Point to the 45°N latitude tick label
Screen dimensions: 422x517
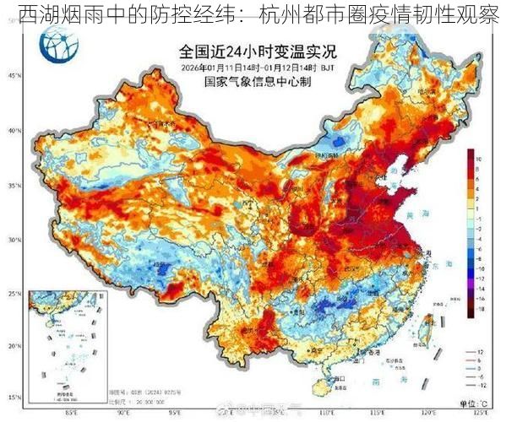point(13,76)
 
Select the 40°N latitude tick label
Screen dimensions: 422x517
point(13,131)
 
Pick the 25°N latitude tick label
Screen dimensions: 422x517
point(13,294)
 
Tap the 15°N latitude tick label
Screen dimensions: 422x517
point(13,397)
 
